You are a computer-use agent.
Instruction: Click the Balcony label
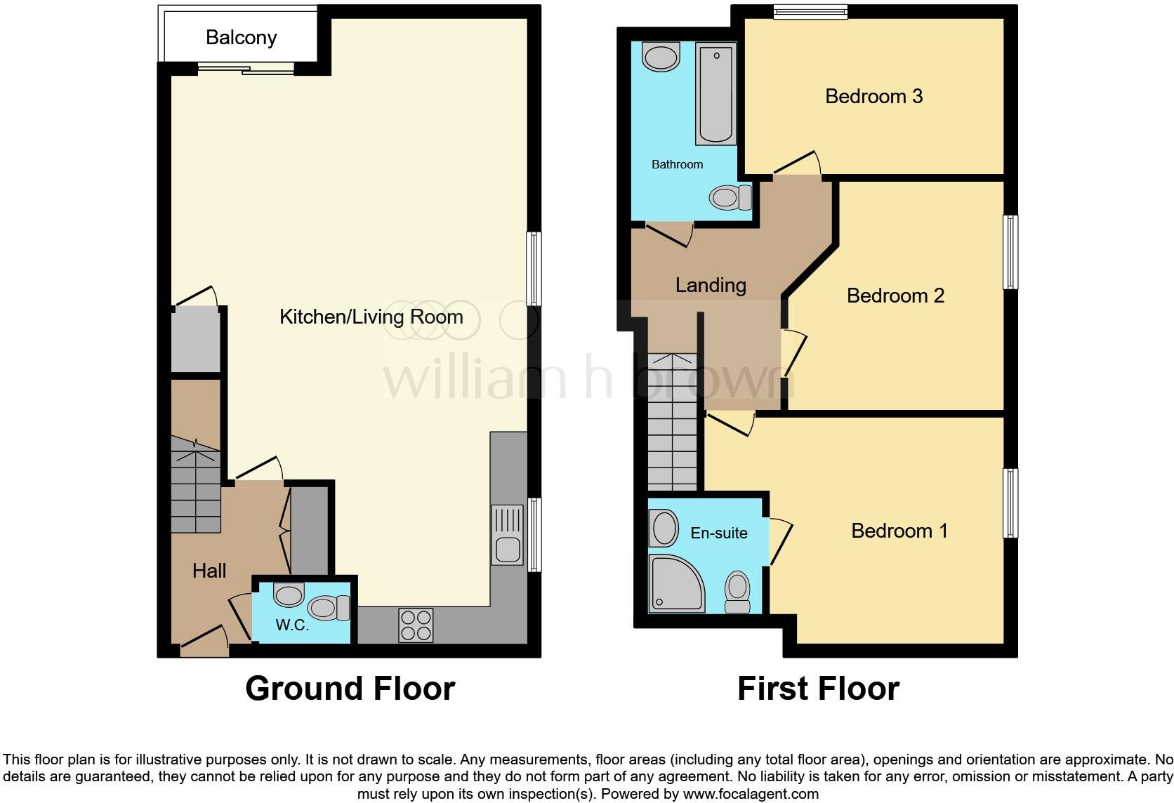[241, 37]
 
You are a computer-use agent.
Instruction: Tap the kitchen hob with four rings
[416, 625]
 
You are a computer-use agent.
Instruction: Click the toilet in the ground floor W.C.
[329, 607]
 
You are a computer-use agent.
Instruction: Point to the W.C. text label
[292, 625]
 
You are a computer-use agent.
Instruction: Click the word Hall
[209, 571]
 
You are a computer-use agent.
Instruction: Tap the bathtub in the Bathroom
[715, 93]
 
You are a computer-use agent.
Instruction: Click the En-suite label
[718, 533]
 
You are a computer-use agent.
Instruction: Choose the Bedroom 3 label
[873, 96]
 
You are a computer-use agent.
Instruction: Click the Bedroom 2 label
[895, 296]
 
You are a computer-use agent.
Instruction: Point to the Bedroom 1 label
[899, 531]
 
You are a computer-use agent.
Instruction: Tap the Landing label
[711, 285]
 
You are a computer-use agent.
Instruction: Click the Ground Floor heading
[350, 689]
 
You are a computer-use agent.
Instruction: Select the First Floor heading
[818, 689]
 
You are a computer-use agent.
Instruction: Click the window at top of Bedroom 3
[810, 12]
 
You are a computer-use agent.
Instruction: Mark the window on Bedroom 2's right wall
[1010, 252]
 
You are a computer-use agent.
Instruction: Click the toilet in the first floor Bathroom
[729, 198]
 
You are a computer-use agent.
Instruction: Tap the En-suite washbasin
[664, 528]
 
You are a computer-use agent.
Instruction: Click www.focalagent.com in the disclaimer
[751, 795]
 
